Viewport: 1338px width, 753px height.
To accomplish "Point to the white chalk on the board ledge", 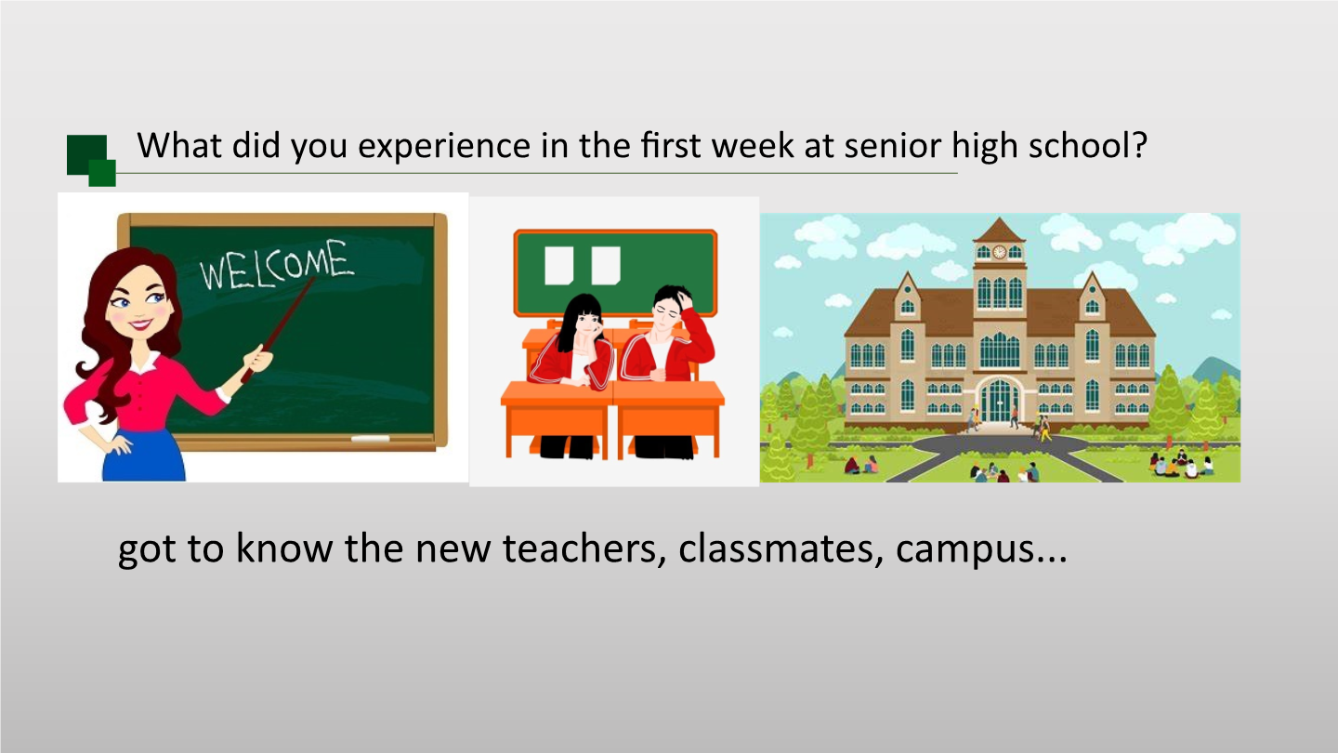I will click(x=371, y=438).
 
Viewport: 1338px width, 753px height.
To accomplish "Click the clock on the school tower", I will click(x=999, y=252).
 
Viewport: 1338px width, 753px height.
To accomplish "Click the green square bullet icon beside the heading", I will click(x=91, y=160).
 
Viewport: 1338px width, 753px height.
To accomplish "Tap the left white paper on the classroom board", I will click(x=559, y=265).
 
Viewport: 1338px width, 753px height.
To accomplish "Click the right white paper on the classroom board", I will click(x=606, y=265).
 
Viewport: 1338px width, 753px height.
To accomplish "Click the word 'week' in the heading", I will click(x=740, y=146).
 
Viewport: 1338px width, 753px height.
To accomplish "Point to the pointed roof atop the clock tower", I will click(x=1000, y=230).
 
